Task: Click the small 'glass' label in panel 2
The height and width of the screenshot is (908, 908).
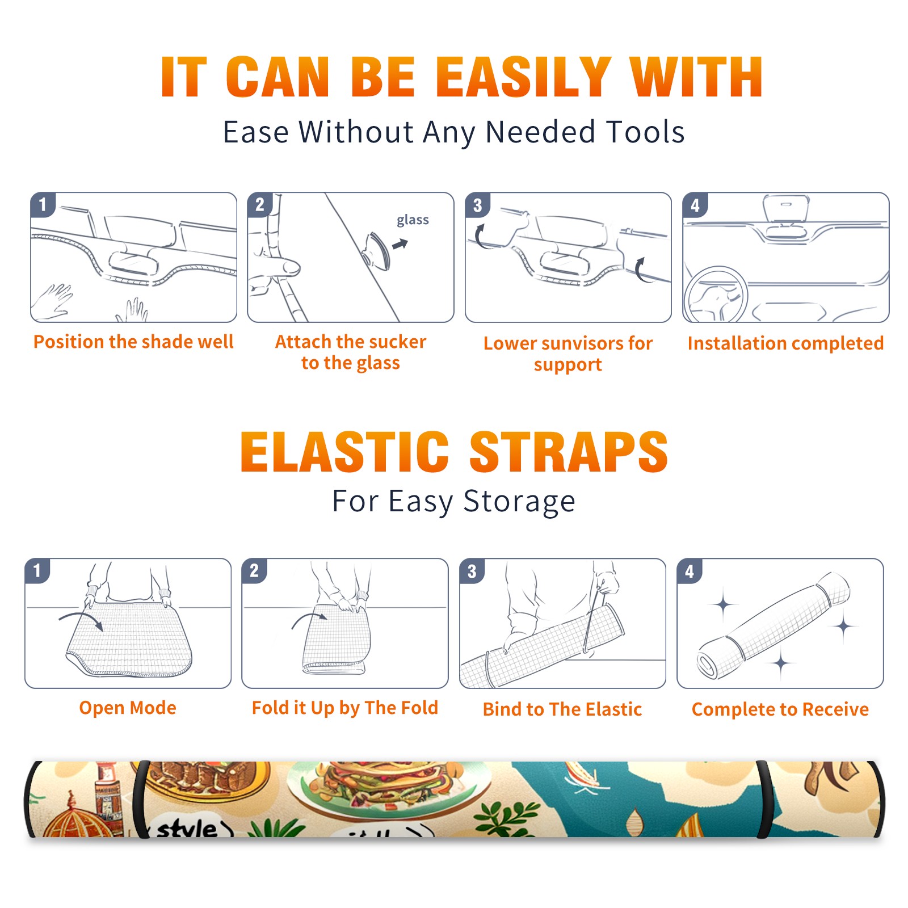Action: (413, 220)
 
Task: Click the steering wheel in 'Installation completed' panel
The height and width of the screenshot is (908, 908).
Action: (716, 295)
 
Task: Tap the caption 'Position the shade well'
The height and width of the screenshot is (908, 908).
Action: (133, 342)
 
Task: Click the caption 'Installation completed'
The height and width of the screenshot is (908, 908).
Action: (785, 343)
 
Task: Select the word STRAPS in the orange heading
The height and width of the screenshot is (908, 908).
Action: (569, 452)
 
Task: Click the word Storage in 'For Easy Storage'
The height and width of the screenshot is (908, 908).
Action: (519, 502)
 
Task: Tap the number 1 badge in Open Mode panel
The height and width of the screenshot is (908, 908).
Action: (37, 570)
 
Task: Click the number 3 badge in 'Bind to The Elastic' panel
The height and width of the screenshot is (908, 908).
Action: (472, 571)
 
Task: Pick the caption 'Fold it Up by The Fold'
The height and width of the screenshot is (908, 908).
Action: (345, 708)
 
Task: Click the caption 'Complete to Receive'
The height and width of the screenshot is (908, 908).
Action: (780, 709)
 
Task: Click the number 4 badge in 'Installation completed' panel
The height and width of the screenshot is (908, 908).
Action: (695, 205)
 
